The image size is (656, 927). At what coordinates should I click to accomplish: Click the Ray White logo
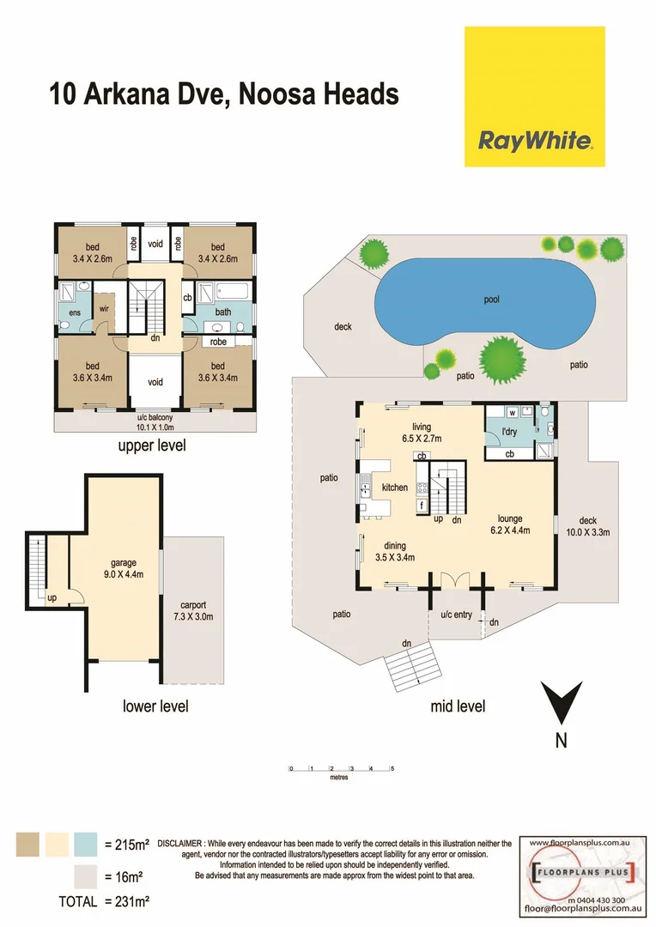click(534, 139)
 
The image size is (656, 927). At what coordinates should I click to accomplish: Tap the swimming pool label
click(490, 300)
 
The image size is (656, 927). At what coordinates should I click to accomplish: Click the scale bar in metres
click(341, 768)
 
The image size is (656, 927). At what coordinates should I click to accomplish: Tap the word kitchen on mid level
click(394, 488)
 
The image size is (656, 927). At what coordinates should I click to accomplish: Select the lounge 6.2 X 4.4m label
click(510, 524)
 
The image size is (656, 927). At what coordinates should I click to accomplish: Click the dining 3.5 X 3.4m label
click(395, 551)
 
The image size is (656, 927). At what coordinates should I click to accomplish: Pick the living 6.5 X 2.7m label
click(421, 432)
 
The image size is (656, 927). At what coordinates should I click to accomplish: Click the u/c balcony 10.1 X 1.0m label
click(155, 421)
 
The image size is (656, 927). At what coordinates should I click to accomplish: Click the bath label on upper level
click(223, 312)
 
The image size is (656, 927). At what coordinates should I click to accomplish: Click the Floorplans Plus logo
click(583, 874)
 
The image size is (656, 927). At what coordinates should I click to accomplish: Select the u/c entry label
click(456, 615)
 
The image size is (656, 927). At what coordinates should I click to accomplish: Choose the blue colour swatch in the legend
click(86, 845)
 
